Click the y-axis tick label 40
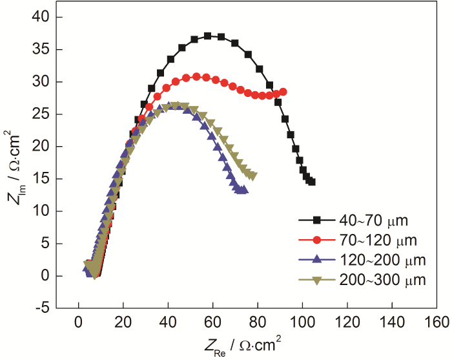[x=42, y=17]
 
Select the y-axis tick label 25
[x=42, y=114]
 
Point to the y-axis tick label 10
[x=42, y=211]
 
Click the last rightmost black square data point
[x=312, y=182]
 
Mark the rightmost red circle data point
[x=283, y=92]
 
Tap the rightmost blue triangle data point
[x=244, y=190]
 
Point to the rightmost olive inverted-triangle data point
[x=253, y=176]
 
